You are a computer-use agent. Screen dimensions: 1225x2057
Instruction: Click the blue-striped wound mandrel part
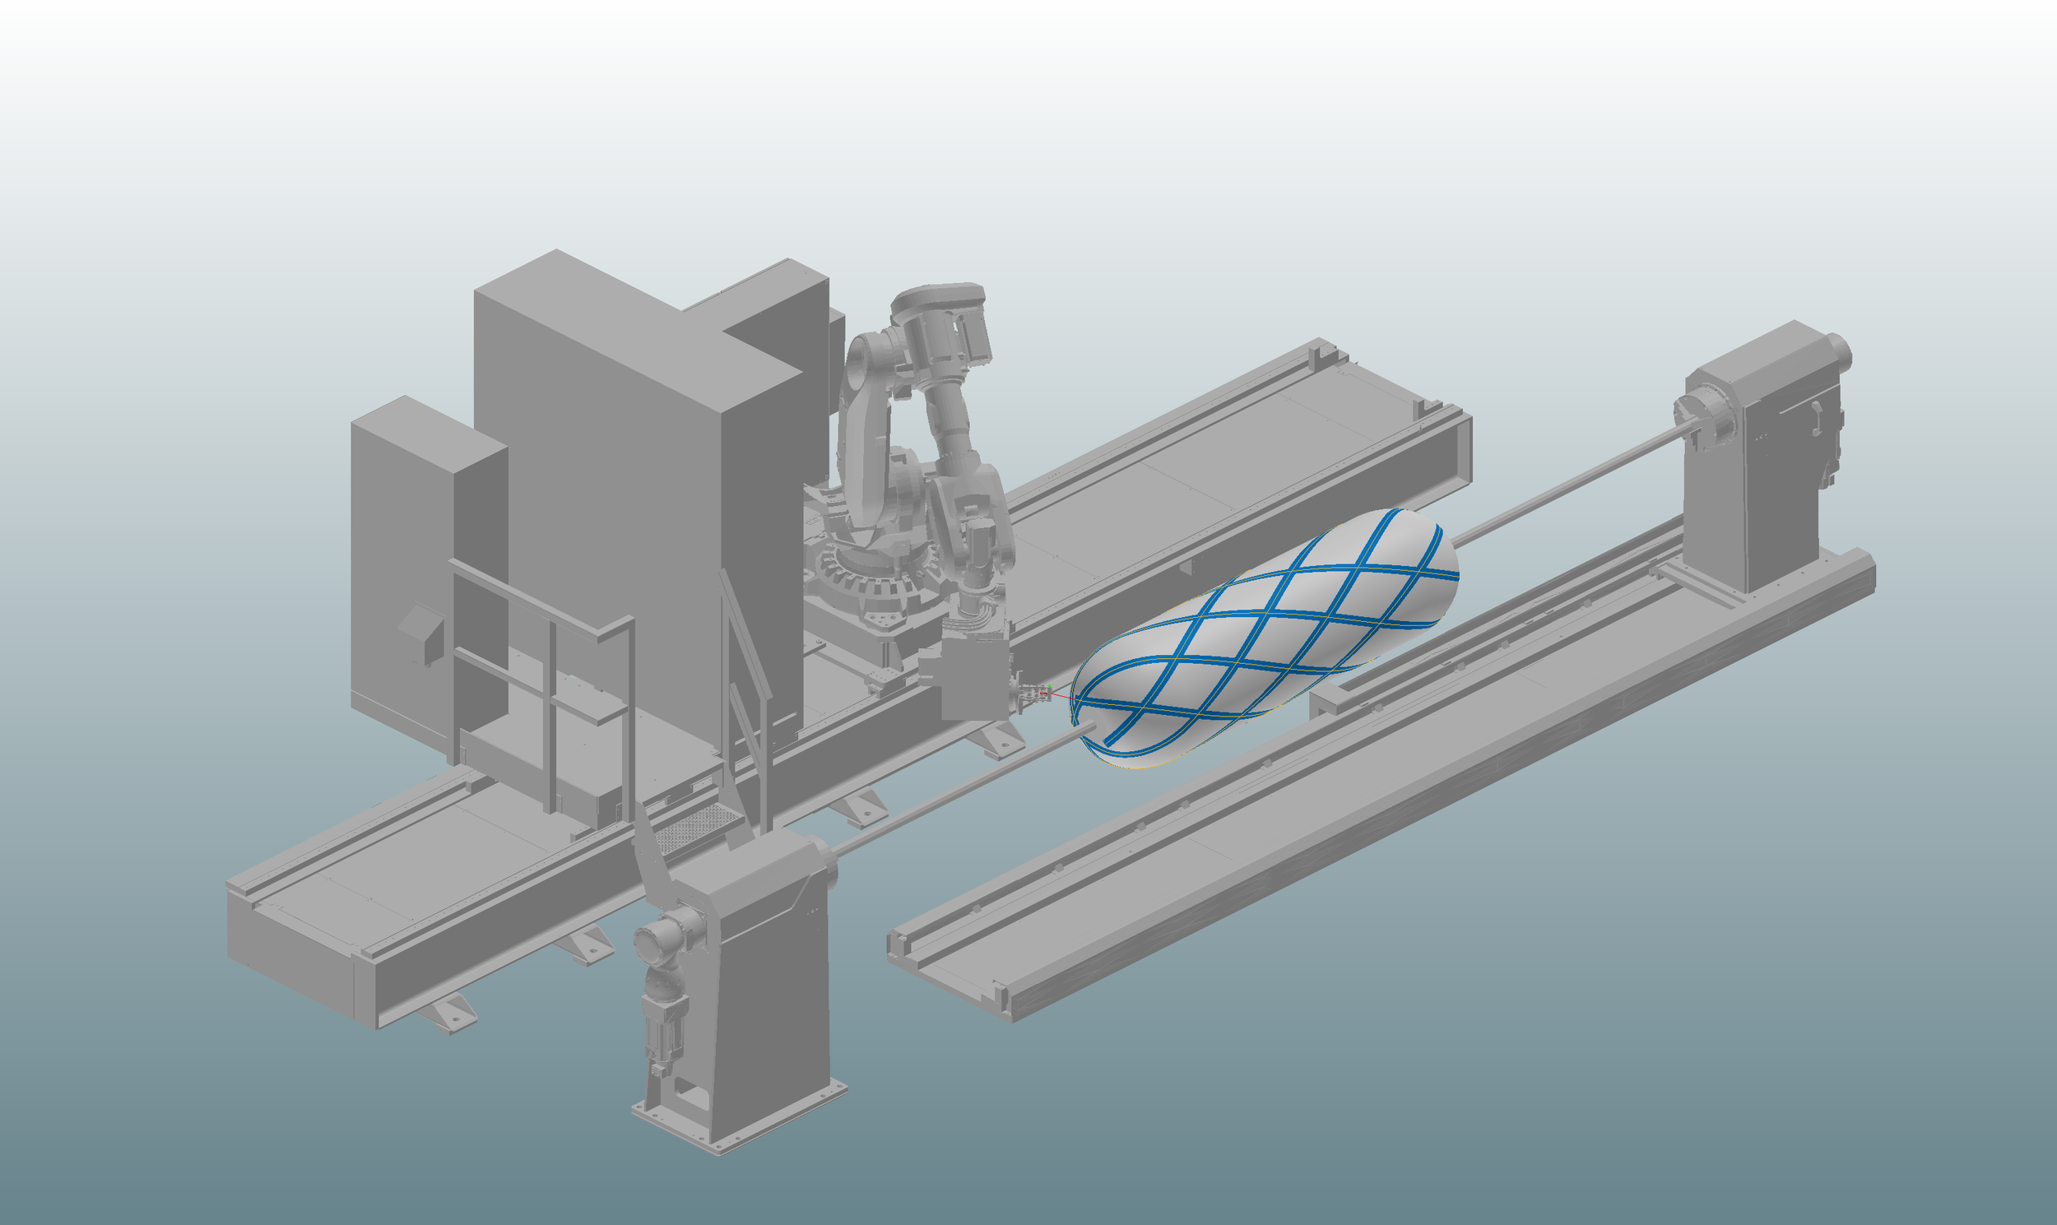click(x=1263, y=640)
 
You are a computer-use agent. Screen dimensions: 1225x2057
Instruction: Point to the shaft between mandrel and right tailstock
click(x=1568, y=487)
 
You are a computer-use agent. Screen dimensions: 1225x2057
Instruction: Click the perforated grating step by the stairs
click(x=698, y=825)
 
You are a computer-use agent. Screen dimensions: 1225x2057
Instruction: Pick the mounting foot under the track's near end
click(x=450, y=1015)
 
